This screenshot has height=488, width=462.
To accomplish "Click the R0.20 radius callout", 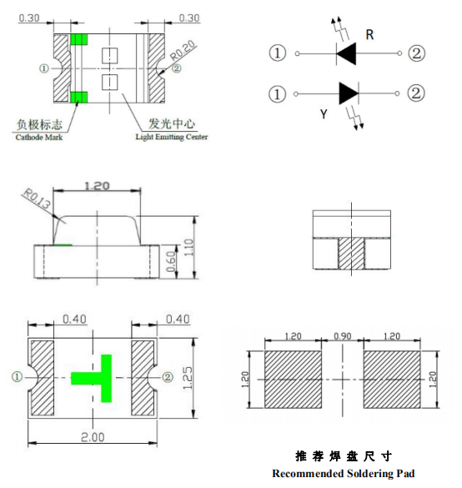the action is pyautogui.click(x=183, y=50).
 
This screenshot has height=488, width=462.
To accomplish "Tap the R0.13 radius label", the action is pyautogui.click(x=37, y=199).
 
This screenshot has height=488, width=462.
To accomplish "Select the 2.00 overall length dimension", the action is pyautogui.click(x=93, y=437).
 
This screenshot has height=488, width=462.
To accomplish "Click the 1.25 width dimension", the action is pyautogui.click(x=188, y=378).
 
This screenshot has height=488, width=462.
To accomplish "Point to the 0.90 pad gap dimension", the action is pyautogui.click(x=342, y=336).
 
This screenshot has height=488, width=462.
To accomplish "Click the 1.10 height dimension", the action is pyautogui.click(x=188, y=248).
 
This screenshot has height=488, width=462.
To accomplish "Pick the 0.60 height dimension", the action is pyautogui.click(x=171, y=261).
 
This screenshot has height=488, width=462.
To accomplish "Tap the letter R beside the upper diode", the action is pyautogui.click(x=369, y=34).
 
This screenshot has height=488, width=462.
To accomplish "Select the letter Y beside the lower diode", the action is pyautogui.click(x=324, y=114).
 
